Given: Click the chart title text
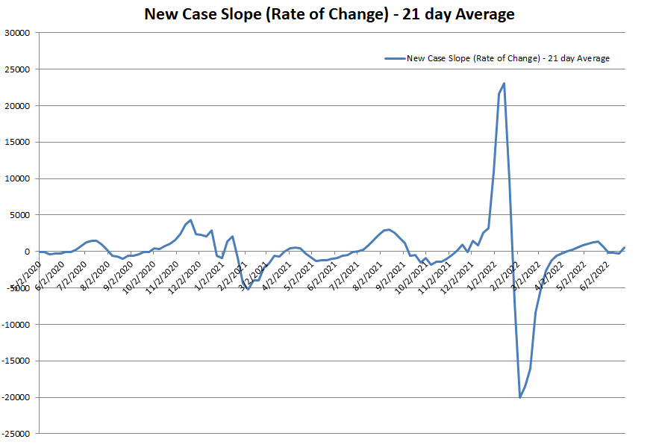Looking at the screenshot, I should [x=329, y=14].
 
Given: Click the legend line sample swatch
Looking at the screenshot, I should [x=393, y=58].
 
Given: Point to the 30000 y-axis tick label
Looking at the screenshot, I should [x=16, y=33].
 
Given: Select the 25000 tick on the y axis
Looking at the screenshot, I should [x=16, y=69].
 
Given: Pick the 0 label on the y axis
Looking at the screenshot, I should [x=27, y=252].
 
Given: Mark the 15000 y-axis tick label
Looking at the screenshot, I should [x=16, y=143].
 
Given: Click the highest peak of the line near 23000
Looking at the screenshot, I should [x=505, y=84].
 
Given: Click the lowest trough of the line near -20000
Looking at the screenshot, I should [x=520, y=397].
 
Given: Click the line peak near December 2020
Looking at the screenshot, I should [x=191, y=220].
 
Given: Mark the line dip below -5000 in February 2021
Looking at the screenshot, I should [x=248, y=289].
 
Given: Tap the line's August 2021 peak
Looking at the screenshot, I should [x=389, y=229].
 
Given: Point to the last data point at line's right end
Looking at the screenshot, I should [x=625, y=247].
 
